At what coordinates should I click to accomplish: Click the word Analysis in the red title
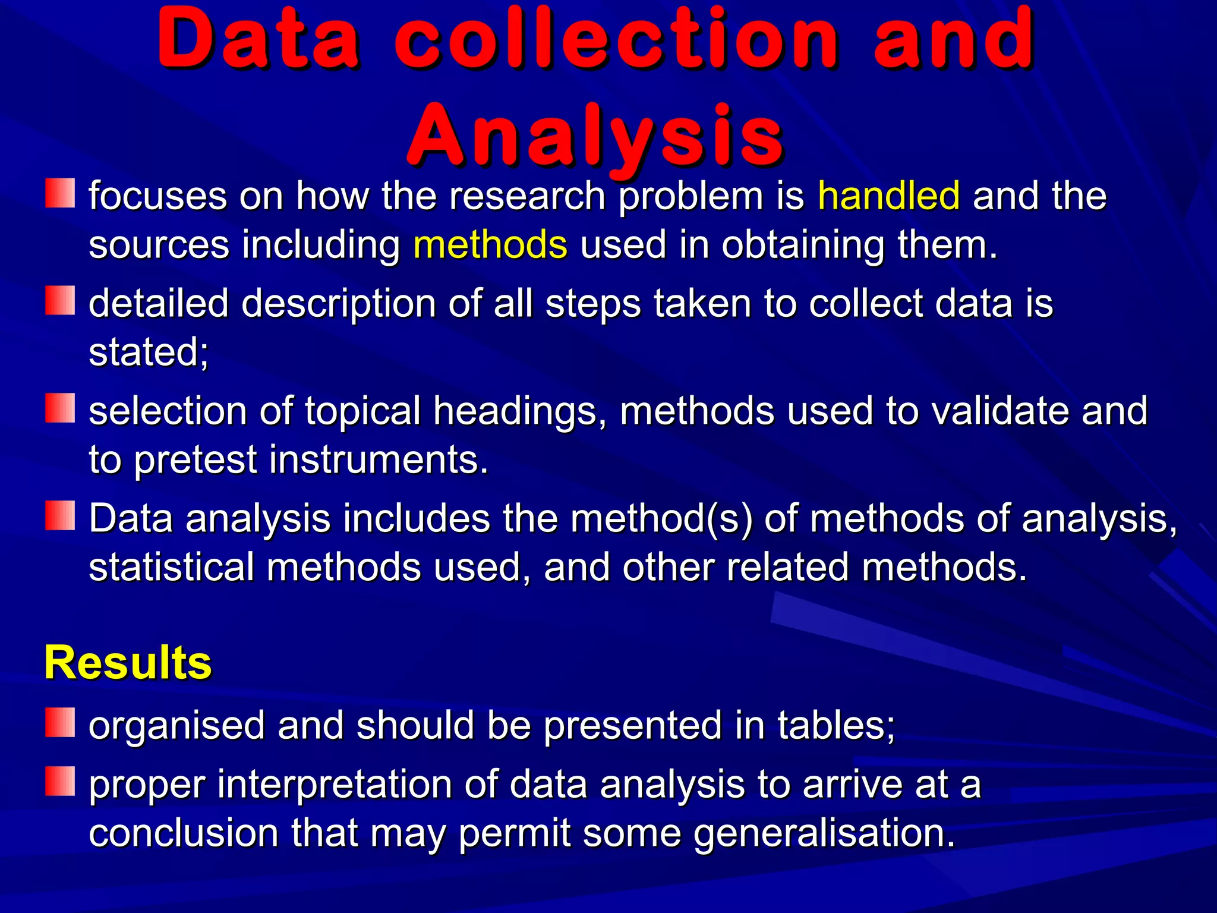[x=596, y=136]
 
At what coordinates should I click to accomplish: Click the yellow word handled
[x=888, y=196]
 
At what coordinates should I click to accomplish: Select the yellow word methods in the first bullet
[x=490, y=244]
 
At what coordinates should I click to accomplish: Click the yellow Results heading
[x=128, y=662]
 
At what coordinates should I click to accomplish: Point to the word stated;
[x=149, y=352]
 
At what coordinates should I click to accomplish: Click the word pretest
[x=196, y=459]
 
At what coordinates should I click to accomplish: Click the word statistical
[x=171, y=567]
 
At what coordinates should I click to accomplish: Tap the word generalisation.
[x=824, y=833]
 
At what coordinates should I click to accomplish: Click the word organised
[x=176, y=725]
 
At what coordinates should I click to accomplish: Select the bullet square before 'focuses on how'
[x=60, y=193]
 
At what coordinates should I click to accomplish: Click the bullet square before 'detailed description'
[x=60, y=301]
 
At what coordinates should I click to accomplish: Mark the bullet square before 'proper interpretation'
[x=60, y=781]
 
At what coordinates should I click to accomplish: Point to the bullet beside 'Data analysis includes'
[x=60, y=515]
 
